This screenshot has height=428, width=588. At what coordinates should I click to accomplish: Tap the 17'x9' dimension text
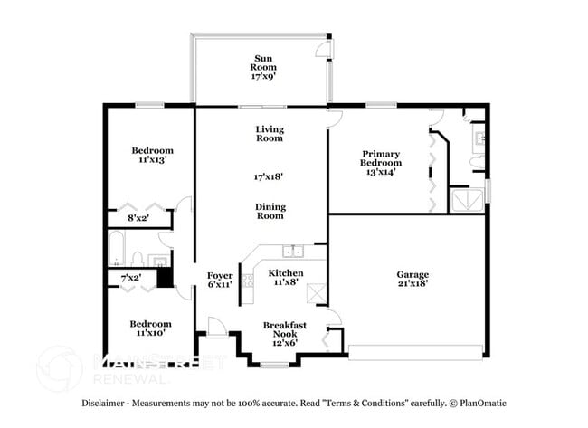[263, 77]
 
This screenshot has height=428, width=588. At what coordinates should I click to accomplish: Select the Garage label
[413, 274]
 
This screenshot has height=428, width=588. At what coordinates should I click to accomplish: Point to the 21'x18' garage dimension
[413, 284]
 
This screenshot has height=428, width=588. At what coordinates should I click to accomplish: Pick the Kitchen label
[285, 272]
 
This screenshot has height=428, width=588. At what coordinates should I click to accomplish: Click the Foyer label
[220, 274]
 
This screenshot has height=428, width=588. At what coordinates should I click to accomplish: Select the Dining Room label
[270, 211]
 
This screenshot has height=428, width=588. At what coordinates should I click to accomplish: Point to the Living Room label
[270, 133]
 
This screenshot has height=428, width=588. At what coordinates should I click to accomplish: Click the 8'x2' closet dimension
[138, 218]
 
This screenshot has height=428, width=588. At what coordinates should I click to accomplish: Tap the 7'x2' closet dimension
[131, 277]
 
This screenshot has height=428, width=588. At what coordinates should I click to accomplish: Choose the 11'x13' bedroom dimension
[152, 159]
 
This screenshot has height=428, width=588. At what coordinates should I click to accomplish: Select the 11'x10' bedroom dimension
[152, 333]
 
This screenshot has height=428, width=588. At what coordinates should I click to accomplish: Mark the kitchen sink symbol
[290, 252]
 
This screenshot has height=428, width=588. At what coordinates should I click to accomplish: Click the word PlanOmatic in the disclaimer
[482, 403]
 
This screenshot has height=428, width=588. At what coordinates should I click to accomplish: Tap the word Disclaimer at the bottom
[104, 403]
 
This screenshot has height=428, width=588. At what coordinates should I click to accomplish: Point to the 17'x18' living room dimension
[269, 177]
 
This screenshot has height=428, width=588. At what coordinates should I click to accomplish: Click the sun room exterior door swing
[321, 47]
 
